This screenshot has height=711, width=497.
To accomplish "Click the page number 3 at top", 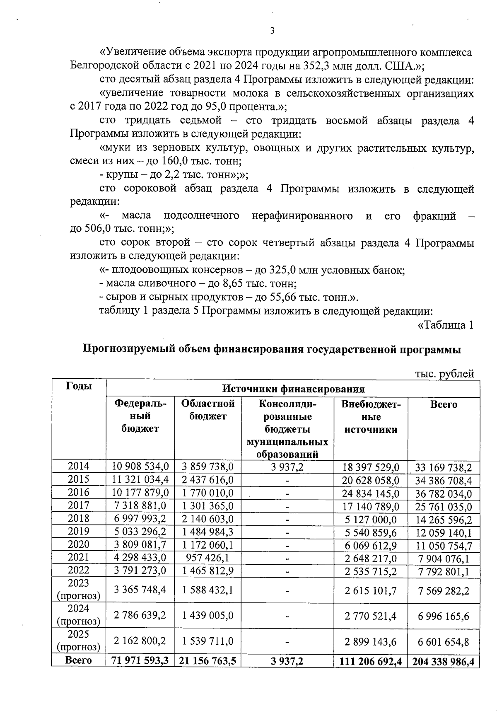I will pyautogui.click(x=272, y=31).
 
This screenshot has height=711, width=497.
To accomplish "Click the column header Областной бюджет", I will pyautogui.click(x=208, y=410).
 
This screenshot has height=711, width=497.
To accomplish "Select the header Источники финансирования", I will pyautogui.click(x=293, y=389).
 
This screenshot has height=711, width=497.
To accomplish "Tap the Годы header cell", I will pyautogui.click(x=79, y=386).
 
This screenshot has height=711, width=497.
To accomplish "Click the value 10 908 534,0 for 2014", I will pyautogui.click(x=140, y=467).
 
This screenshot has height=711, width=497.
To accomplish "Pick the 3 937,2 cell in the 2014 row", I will pyautogui.click(x=287, y=467).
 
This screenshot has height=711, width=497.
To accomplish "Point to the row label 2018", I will pyautogui.click(x=79, y=518).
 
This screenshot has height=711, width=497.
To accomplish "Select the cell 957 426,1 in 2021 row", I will pyautogui.click(x=208, y=558).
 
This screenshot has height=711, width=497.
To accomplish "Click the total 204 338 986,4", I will pyautogui.click(x=444, y=661).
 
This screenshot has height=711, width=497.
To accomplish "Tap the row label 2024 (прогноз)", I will pyautogui.click(x=79, y=615).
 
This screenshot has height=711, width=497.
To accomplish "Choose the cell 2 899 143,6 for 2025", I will pyautogui.click(x=371, y=641).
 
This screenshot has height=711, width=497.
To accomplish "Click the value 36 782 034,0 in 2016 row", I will pyautogui.click(x=444, y=493).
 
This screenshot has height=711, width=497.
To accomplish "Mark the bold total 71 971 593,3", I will pyautogui.click(x=140, y=661).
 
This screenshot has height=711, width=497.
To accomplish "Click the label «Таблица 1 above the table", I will pyautogui.click(x=444, y=325).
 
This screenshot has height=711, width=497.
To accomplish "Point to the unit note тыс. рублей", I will pyautogui.click(x=444, y=374).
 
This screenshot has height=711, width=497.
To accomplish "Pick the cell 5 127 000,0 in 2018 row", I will pyautogui.click(x=371, y=519).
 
